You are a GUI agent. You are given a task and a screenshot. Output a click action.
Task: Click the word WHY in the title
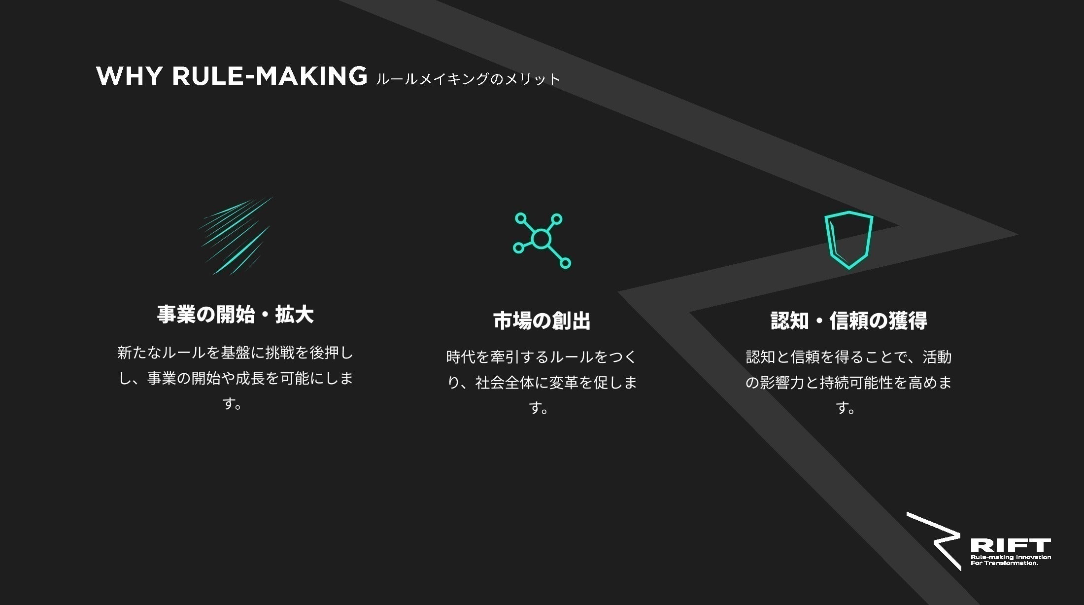coord(129,76)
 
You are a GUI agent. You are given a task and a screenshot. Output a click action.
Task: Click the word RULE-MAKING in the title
coord(270,76)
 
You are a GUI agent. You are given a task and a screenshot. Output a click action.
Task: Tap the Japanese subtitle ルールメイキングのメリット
coord(468,79)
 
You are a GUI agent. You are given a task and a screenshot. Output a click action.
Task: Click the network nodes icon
coord(542,240)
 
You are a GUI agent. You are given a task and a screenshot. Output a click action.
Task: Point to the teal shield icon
coord(848,240)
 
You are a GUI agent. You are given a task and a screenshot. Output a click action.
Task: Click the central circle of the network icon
coord(541,239)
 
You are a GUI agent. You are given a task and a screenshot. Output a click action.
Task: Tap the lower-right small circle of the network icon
coord(566,263)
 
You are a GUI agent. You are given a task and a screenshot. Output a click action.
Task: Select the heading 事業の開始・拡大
coord(236,315)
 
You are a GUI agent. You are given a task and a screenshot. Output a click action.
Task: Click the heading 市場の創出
coord(542,320)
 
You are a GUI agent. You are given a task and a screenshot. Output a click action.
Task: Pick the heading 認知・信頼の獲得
coord(848,320)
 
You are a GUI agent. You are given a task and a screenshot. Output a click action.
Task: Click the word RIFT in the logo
coord(1010,546)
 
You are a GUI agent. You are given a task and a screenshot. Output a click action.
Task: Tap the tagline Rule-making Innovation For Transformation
coord(1010,560)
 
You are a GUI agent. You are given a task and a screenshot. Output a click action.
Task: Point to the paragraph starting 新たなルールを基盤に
coord(236,378)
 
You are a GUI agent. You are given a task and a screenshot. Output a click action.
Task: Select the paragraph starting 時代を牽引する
coord(542,382)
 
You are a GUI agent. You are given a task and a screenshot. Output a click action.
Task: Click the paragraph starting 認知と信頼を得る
coord(848,382)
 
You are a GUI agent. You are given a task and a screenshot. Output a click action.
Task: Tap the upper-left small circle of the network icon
coord(521,218)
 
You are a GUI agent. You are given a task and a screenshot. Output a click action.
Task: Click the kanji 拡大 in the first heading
coord(294,315)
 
